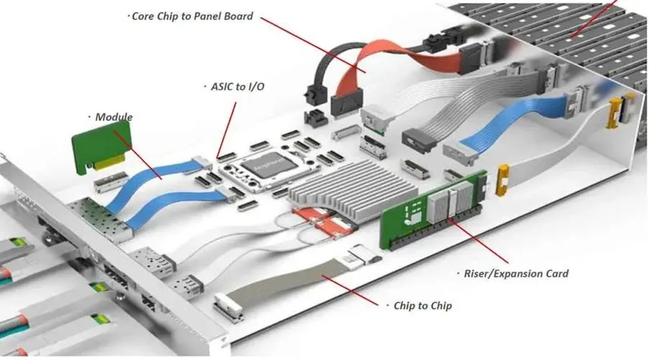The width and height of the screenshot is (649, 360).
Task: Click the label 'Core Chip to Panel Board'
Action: (192, 15)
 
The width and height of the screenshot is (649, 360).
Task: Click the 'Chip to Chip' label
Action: (422, 306)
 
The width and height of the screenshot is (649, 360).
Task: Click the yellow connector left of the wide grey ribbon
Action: (503, 180)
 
